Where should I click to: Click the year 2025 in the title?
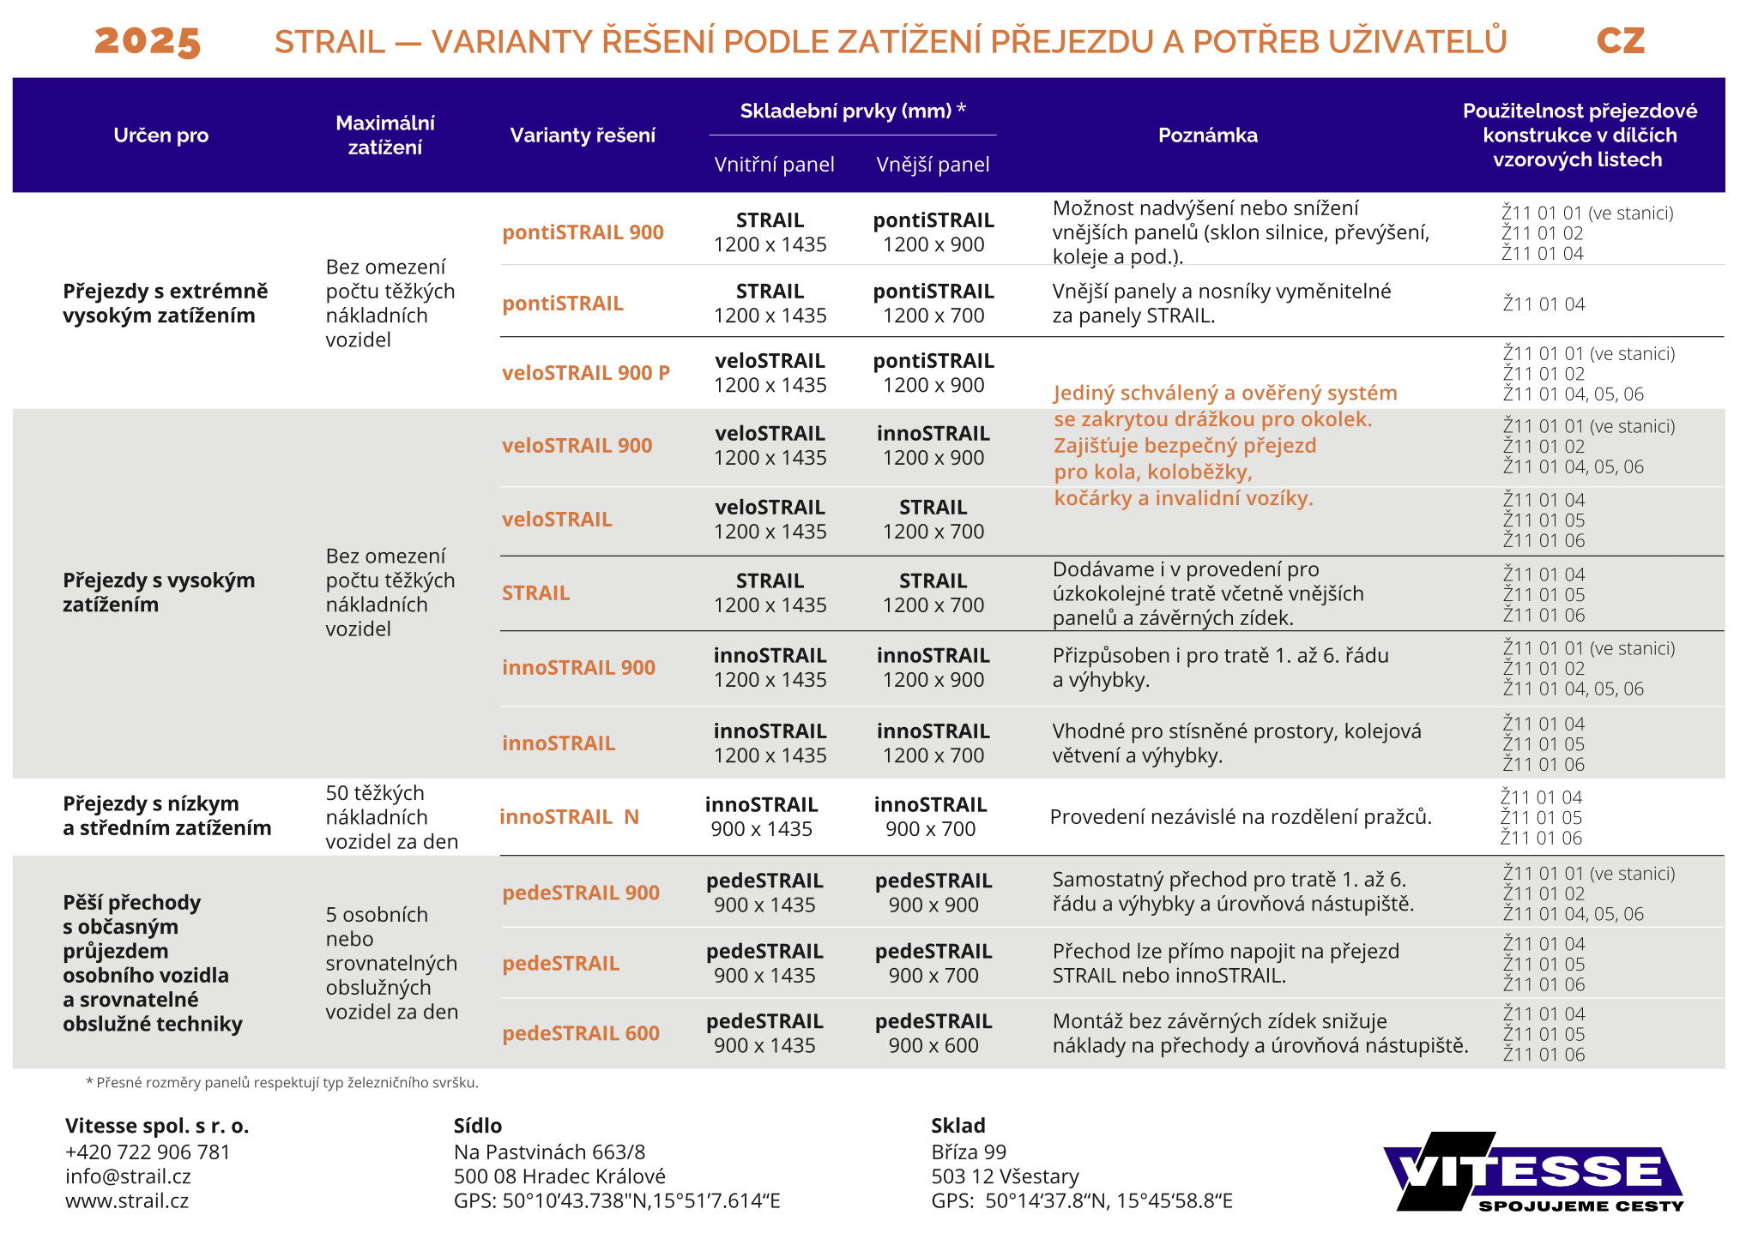[147, 40]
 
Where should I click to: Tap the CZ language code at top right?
[1620, 40]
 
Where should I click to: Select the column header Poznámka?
[1207, 135]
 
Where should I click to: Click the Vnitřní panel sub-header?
[774, 164]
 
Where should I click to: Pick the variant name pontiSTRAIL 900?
[583, 232]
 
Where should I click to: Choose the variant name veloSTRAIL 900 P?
[586, 373]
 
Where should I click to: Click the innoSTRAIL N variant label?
[569, 816]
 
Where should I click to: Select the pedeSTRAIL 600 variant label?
[581, 1033]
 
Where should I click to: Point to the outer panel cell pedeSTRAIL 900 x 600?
[933, 1033]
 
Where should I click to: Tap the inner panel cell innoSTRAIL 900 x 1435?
[761, 816]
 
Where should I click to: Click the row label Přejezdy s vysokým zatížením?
[159, 592]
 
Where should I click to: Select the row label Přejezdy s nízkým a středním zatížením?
[166, 815]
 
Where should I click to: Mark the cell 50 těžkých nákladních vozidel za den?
[391, 816]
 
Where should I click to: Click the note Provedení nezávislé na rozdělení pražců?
[1241, 816]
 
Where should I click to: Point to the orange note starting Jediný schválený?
[1225, 445]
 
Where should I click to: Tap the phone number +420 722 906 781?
[148, 1152]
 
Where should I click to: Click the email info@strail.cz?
[128, 1176]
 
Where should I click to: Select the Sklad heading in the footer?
[958, 1125]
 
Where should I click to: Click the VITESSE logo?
[1532, 1171]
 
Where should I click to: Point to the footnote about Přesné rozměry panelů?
[282, 1082]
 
